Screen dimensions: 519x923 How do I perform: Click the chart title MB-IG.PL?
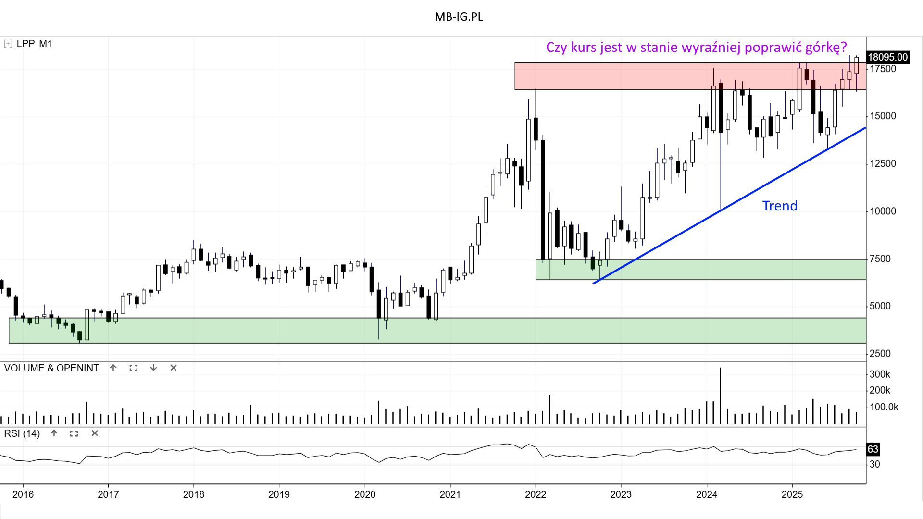click(x=459, y=17)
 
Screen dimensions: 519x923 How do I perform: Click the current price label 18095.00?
click(x=887, y=57)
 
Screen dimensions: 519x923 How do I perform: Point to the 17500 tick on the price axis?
click(x=883, y=69)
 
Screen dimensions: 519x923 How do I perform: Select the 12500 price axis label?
click(x=883, y=163)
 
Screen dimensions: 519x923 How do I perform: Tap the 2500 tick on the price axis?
click(x=880, y=353)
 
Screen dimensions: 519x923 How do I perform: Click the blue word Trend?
click(x=780, y=206)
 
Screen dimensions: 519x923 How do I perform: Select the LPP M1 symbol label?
click(x=34, y=44)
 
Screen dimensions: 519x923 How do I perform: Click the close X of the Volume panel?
click(x=174, y=368)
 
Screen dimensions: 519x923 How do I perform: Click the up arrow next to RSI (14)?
click(x=54, y=433)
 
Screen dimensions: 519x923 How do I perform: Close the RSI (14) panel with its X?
click(x=95, y=433)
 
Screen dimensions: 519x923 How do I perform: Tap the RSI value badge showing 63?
click(x=873, y=449)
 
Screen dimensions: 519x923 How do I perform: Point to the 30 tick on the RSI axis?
click(x=875, y=464)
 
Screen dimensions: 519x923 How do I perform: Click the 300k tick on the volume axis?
click(x=880, y=374)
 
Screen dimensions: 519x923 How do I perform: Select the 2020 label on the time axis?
click(x=365, y=494)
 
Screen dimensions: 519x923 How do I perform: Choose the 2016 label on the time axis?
click(x=23, y=494)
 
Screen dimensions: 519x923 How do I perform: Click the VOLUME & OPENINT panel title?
click(x=51, y=368)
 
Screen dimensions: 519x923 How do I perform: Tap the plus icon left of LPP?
click(x=8, y=44)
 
